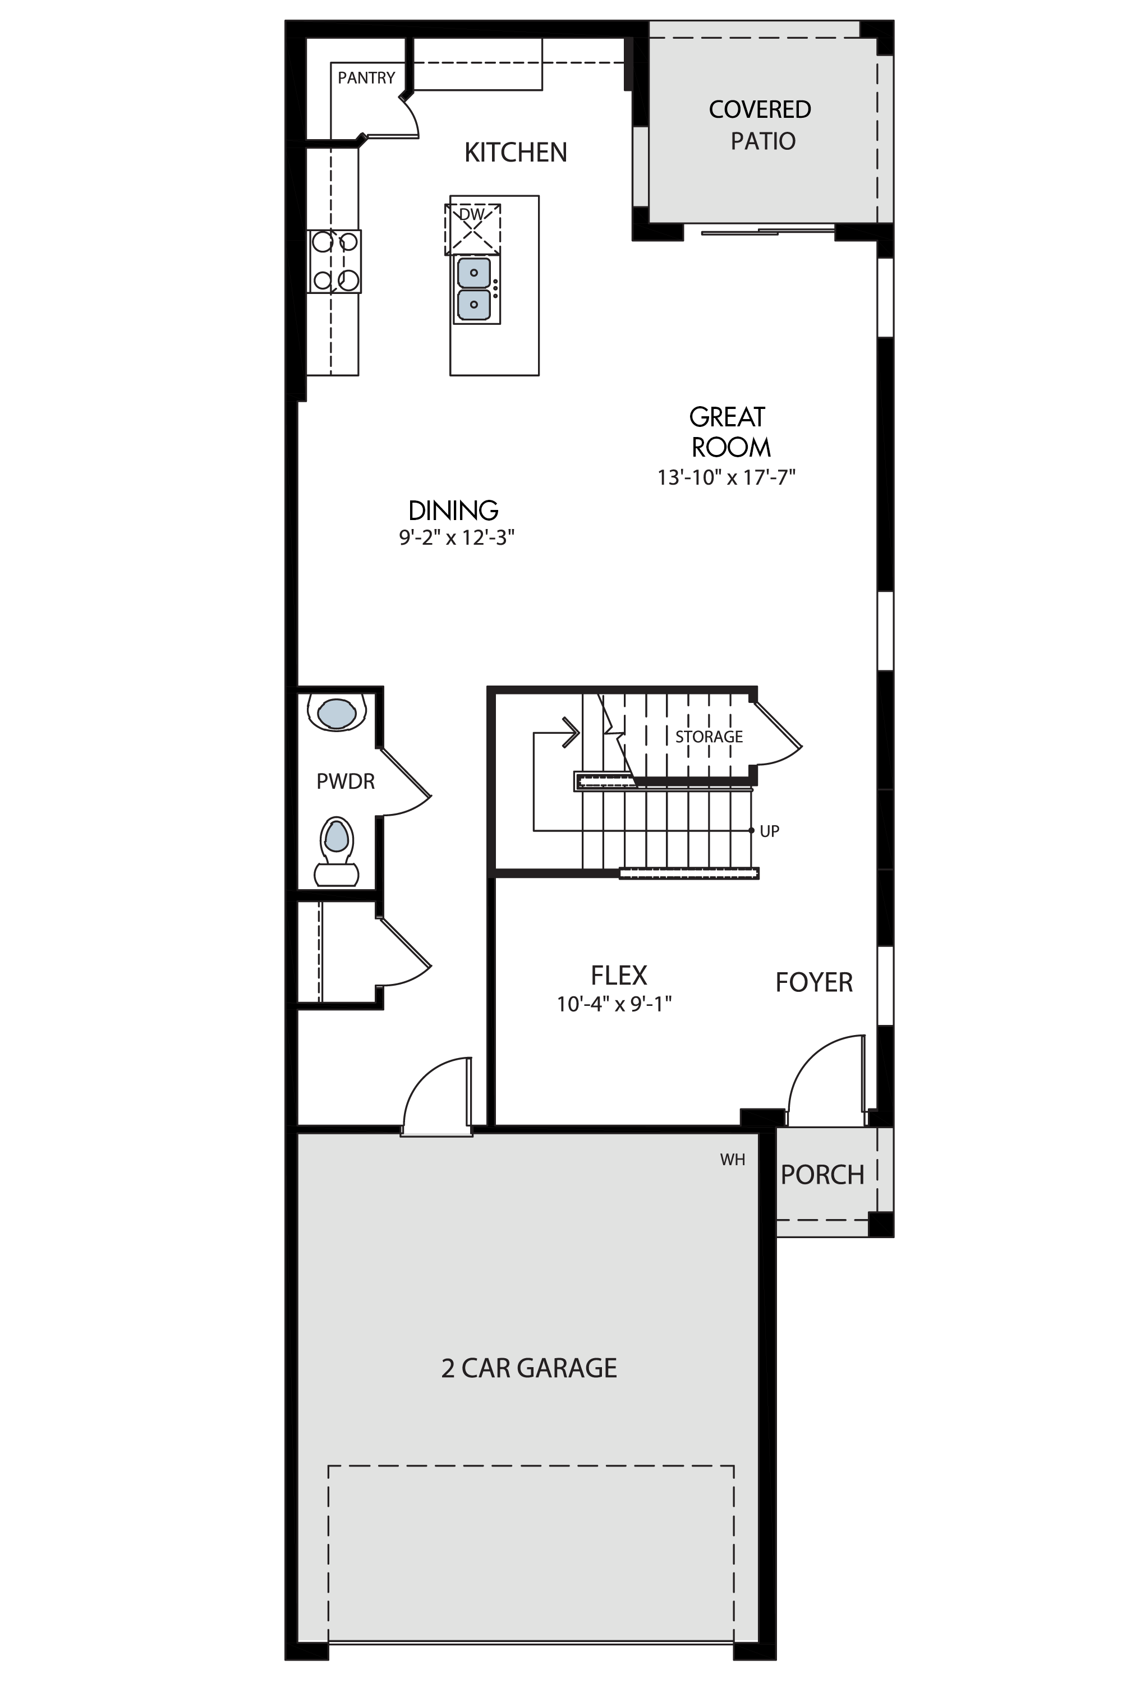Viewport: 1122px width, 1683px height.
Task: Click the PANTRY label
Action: coord(366,77)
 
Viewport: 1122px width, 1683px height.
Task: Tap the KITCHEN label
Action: coord(516,153)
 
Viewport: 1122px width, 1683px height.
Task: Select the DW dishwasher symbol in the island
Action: coord(472,229)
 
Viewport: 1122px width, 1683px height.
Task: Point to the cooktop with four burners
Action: coord(334,261)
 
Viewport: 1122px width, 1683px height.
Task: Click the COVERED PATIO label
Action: coord(761,125)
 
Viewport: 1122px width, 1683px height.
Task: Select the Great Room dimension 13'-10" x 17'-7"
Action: coord(727,477)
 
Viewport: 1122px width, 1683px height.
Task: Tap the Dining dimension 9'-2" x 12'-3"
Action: coord(457,537)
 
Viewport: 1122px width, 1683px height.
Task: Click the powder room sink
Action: coord(336,712)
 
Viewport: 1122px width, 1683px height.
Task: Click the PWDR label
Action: coord(346,781)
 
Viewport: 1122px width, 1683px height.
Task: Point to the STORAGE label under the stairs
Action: coord(709,736)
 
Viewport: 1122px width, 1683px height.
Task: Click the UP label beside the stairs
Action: coord(769,831)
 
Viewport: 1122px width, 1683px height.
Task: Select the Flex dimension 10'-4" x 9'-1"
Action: coord(615,1005)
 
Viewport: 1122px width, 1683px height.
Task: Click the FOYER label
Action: coord(815,982)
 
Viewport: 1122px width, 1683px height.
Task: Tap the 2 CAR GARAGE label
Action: coord(530,1368)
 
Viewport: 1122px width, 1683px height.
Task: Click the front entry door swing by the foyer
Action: coord(805,1057)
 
